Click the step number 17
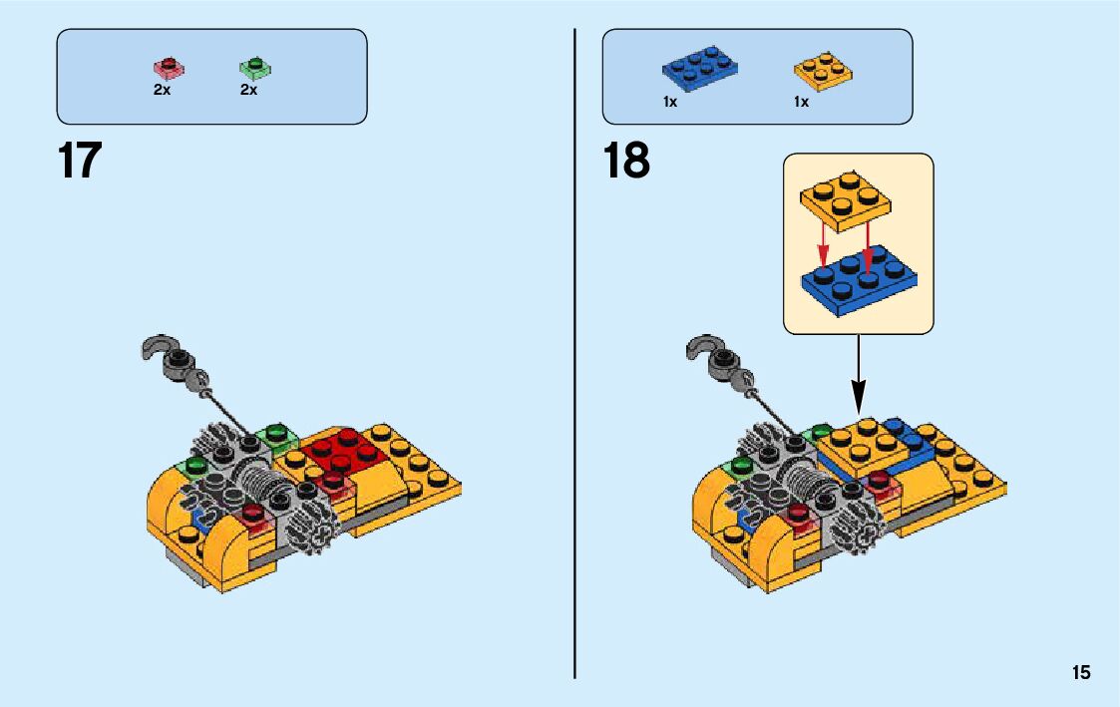pos(80,162)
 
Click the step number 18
pos(626,162)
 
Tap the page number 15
pos(1081,673)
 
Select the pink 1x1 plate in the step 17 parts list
pos(169,69)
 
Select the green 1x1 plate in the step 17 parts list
pos(255,69)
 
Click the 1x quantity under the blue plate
pos(670,102)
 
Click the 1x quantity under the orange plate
pos(801,102)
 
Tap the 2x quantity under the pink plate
pos(162,90)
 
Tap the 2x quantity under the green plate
pos(248,90)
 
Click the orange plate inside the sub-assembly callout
pos(846,200)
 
